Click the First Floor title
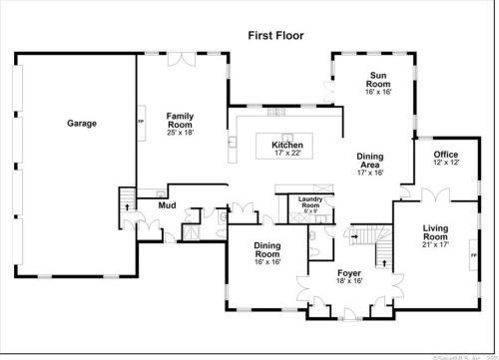tap(276, 36)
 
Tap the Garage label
tap(82, 124)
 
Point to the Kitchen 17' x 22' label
tap(287, 149)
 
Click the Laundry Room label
tap(310, 205)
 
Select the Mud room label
tap(167, 206)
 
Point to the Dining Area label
tap(370, 164)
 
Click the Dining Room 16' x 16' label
tap(266, 252)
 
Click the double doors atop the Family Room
tap(181, 60)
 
